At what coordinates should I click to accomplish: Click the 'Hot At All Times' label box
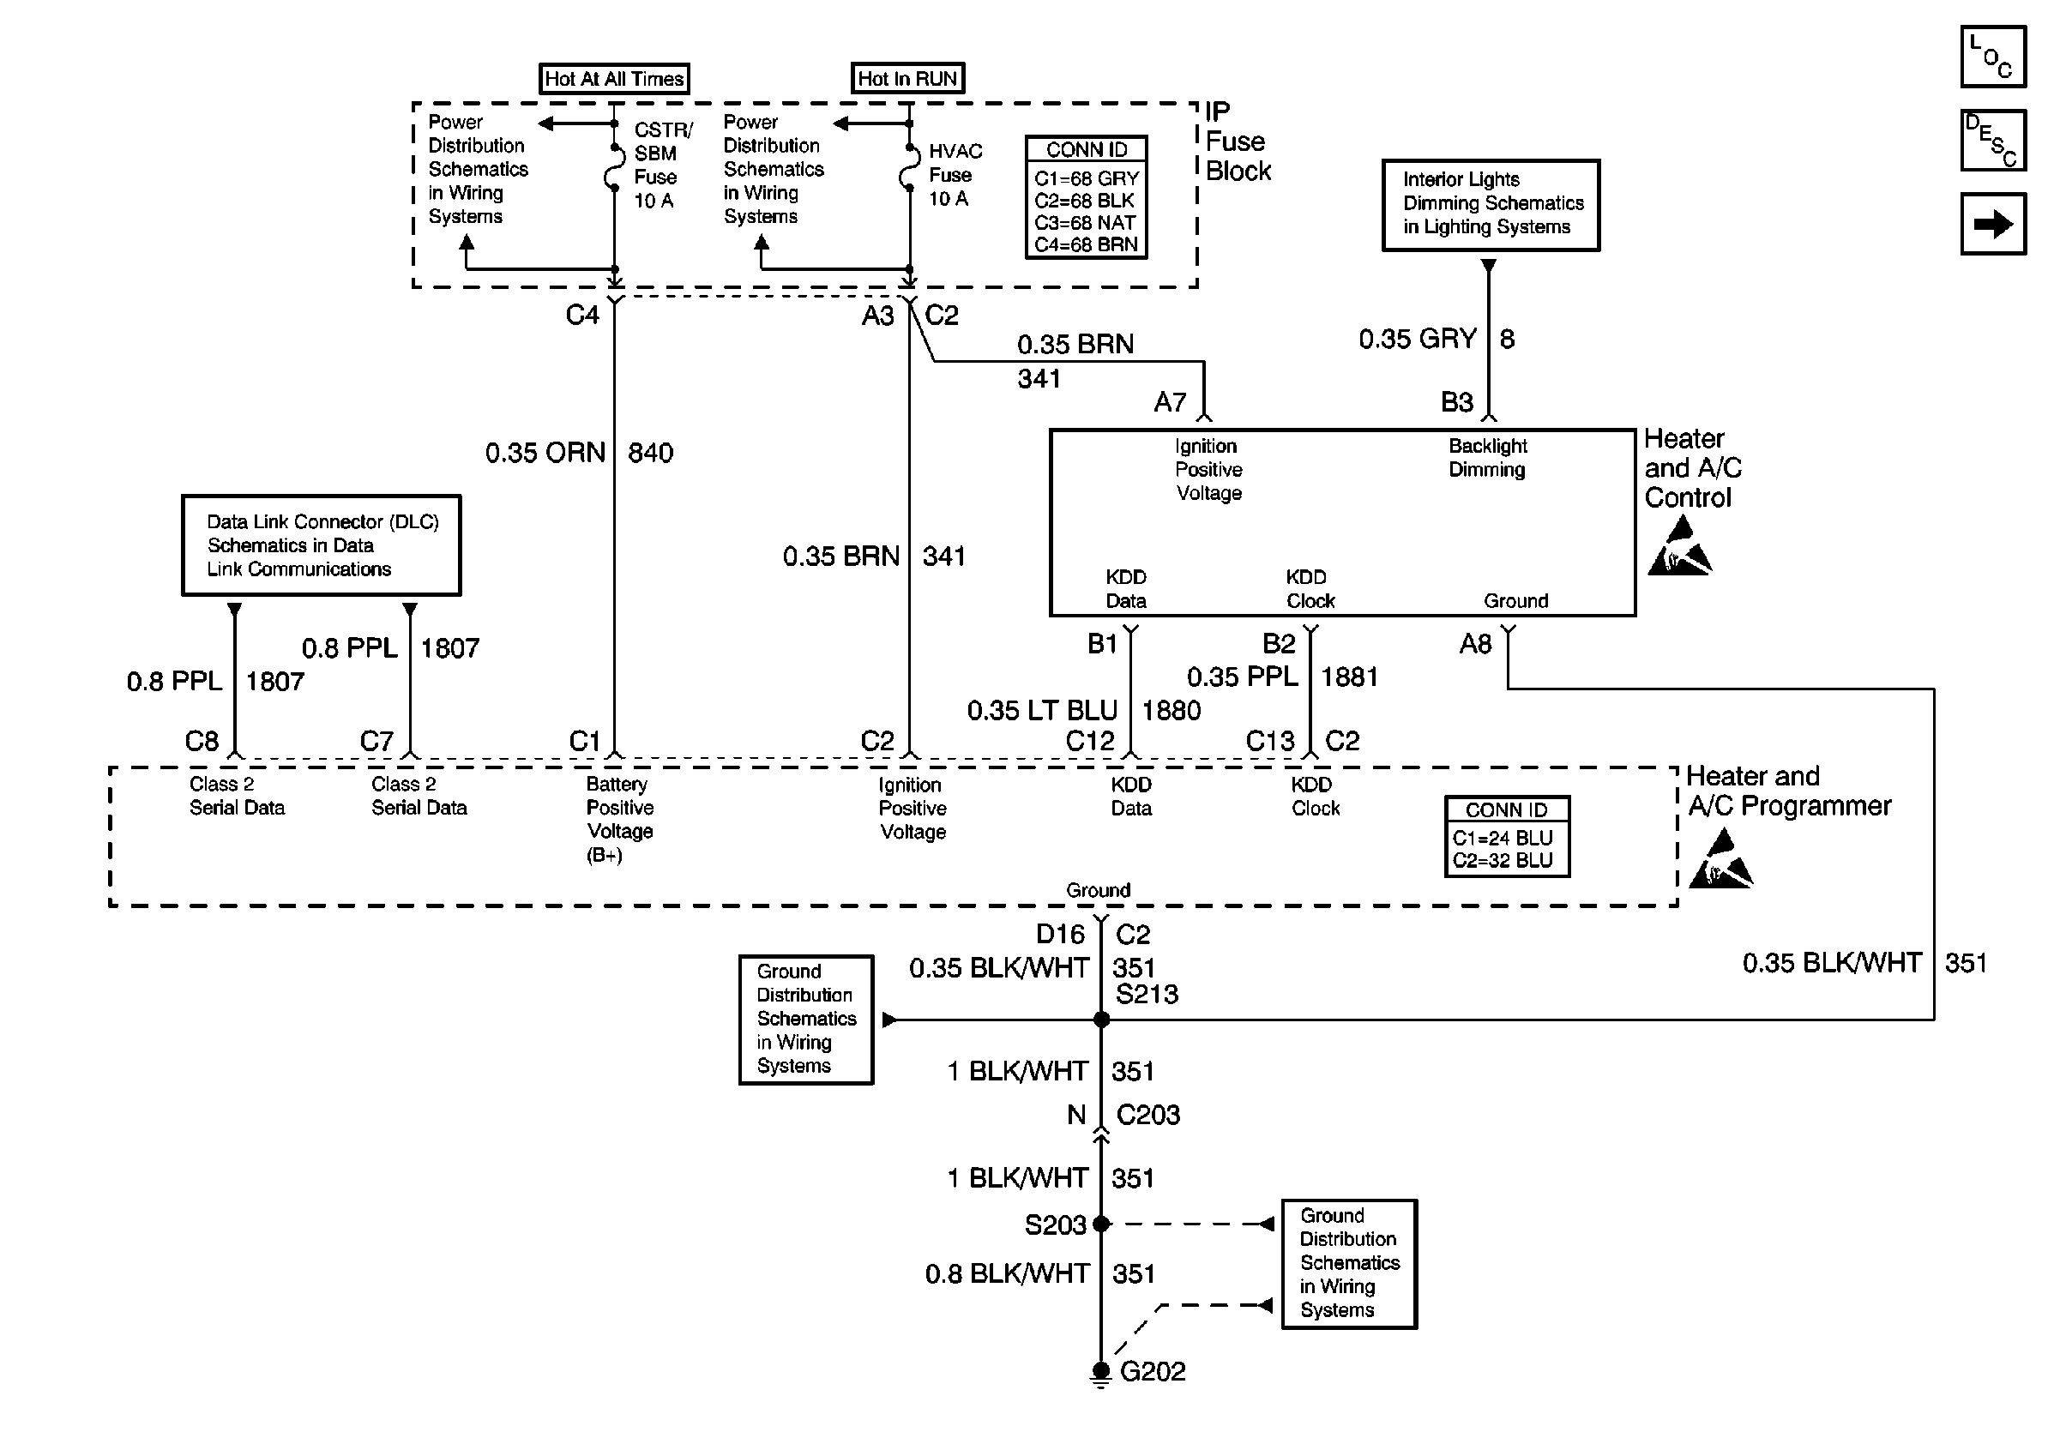615,79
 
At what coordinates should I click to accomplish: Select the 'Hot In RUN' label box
908,78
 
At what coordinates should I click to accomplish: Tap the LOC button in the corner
1993,57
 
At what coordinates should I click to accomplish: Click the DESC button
1993,140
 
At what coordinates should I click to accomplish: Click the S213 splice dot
1102,1020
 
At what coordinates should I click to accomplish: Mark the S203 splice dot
1102,1224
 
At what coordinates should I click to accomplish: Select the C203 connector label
1147,1115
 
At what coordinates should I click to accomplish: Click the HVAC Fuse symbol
909,168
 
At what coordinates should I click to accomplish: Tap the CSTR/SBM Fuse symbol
614,168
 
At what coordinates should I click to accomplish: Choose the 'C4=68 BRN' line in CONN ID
1086,244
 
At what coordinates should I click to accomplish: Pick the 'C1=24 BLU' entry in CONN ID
1502,838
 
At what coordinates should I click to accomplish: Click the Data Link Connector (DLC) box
322,545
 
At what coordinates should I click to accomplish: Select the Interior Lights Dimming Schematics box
1491,206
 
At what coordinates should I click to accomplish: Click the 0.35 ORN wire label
545,453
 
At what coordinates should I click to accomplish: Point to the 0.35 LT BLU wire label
1042,710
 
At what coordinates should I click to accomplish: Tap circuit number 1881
1349,677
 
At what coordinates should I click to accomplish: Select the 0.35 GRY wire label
1418,339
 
